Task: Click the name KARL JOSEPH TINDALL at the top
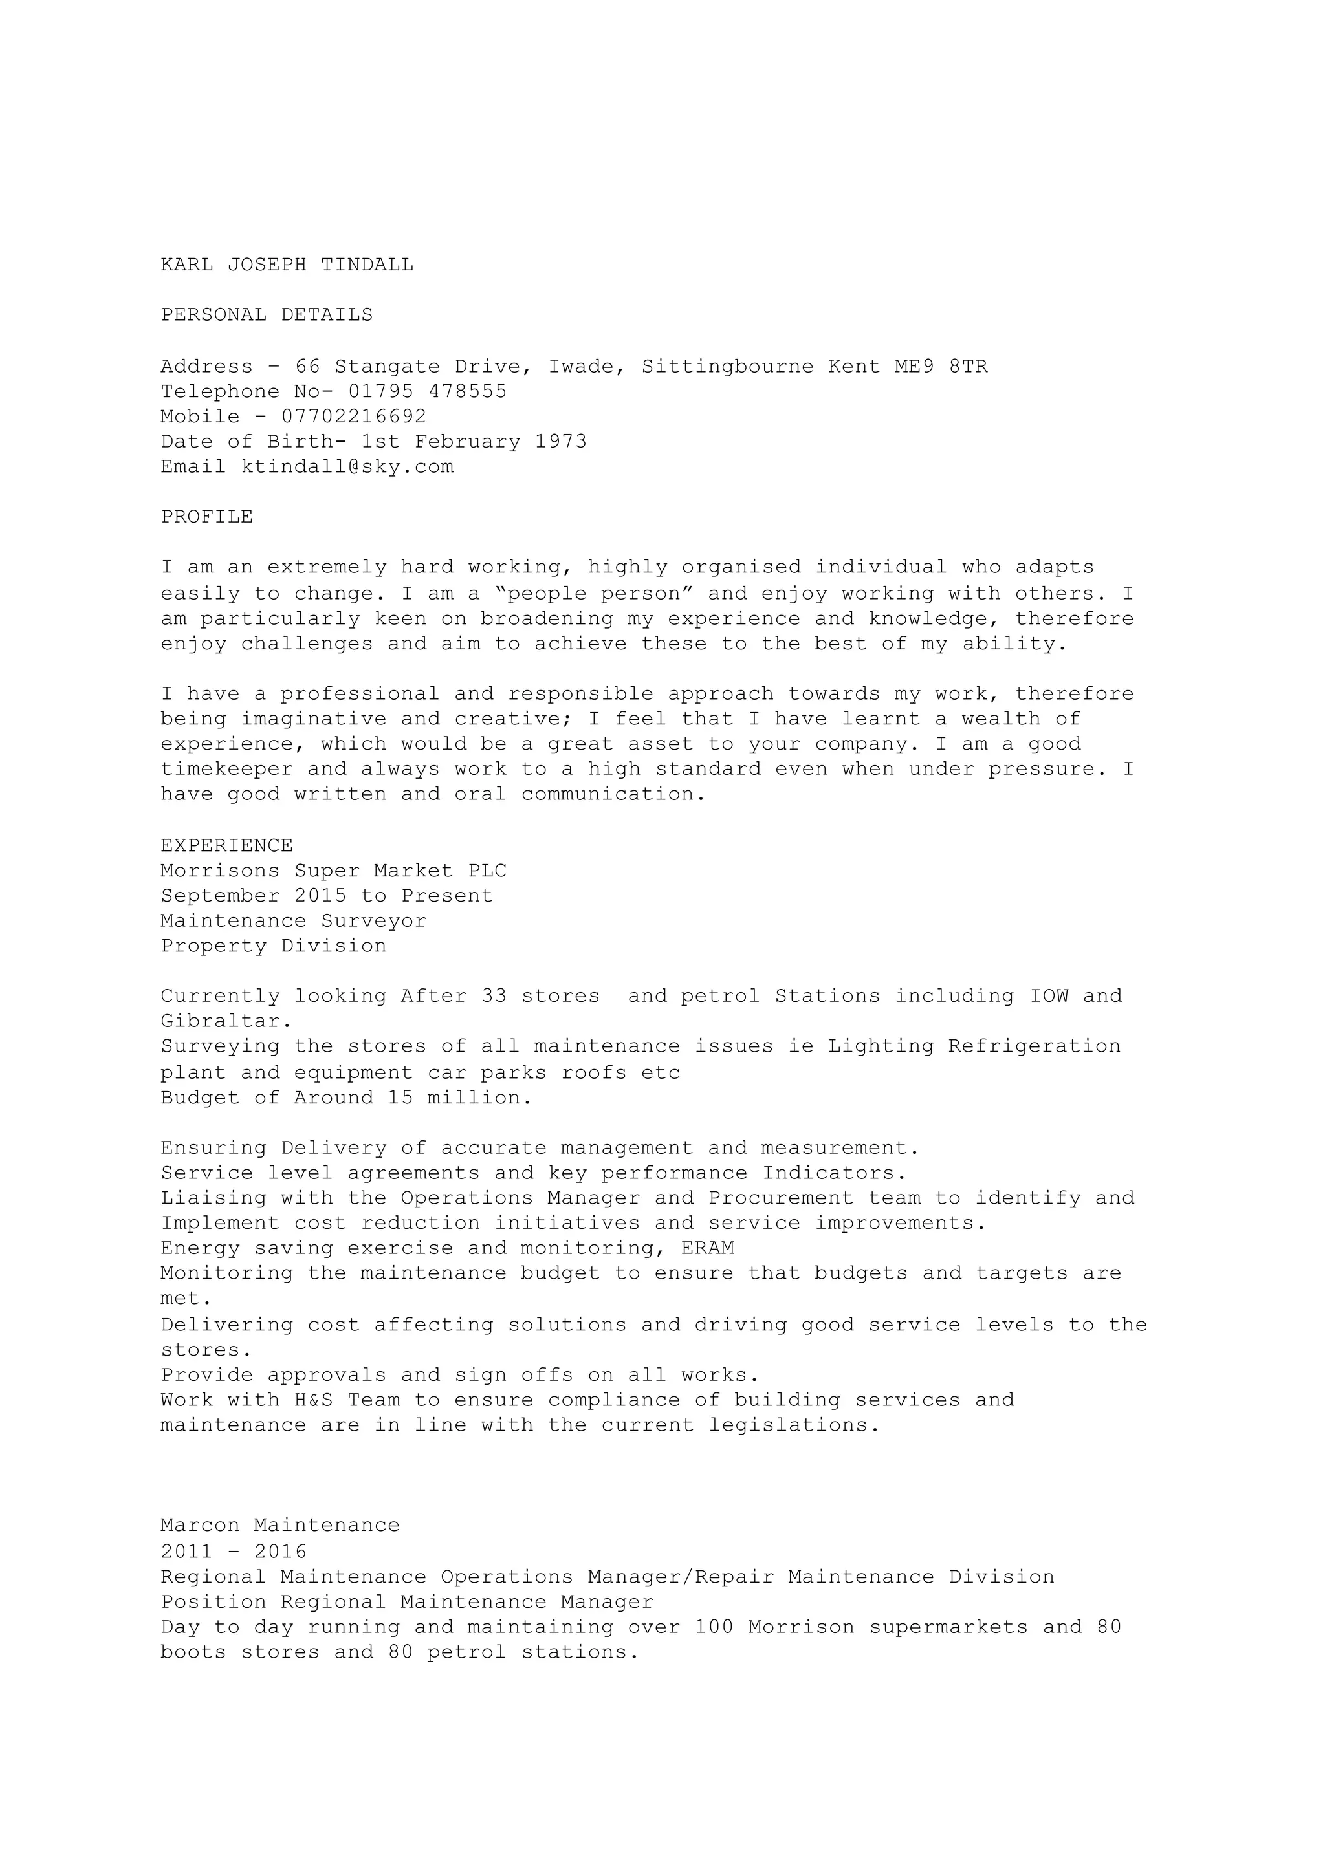pos(287,265)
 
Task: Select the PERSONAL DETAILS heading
pos(267,315)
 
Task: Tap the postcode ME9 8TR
pos(941,366)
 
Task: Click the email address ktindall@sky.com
pos(347,466)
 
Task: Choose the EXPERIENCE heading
pos(227,845)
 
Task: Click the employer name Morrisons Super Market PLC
pos(334,871)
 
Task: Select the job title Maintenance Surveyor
pos(294,921)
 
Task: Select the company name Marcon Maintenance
pos(281,1524)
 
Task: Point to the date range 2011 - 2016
pos(234,1551)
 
